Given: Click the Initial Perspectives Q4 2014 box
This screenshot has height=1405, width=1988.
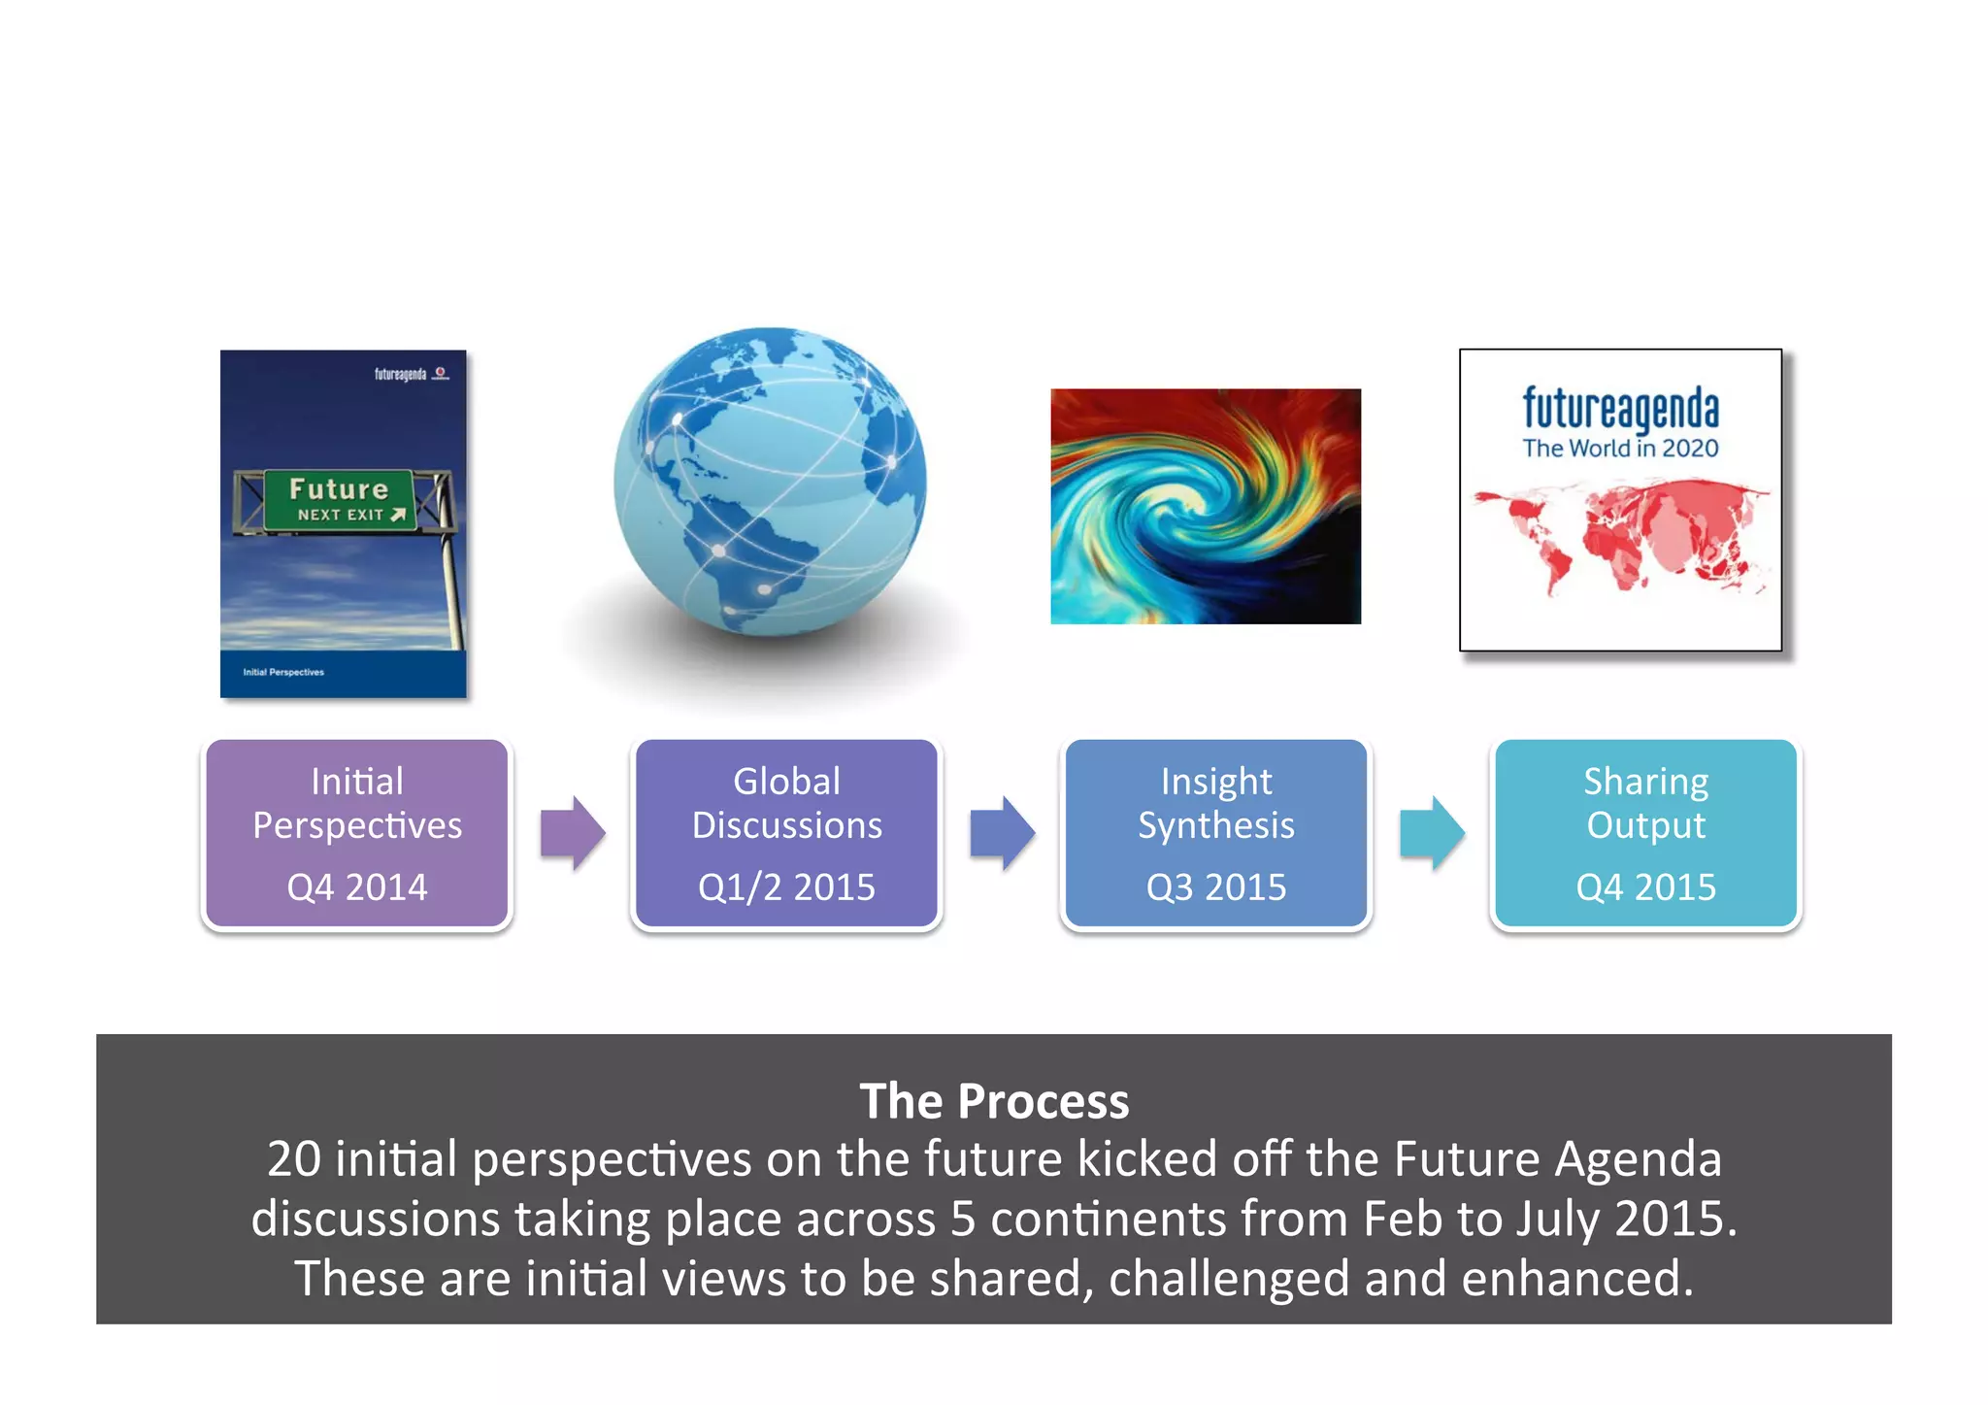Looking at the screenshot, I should point(356,833).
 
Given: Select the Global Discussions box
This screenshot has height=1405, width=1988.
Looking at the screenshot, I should point(786,833).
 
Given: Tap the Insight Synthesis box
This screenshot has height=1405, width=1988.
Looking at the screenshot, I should point(1215,833).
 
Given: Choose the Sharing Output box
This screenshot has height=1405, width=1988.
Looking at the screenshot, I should point(1645,833).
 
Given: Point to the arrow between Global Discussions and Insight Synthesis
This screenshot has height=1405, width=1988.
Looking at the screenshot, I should point(1003,833).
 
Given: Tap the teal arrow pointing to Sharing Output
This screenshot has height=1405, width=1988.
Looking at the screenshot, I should point(1432,833).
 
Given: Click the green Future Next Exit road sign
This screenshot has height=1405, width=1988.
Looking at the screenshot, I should point(340,500).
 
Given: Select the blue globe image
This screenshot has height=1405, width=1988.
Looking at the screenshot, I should point(770,483).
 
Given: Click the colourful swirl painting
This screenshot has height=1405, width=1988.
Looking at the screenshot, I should point(1206,506).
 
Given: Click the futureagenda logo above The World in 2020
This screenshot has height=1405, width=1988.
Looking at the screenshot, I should point(1620,408).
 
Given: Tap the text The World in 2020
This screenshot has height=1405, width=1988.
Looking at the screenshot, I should point(1620,449).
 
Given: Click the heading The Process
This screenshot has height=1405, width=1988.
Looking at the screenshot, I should point(994,1102).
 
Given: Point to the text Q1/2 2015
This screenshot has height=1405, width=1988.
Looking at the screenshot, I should point(786,887).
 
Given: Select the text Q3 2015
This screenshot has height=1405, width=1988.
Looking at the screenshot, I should point(1215,887).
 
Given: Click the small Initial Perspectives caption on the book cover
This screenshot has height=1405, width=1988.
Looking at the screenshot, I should point(283,672).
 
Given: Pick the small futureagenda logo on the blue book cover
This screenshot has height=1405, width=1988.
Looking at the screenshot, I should point(401,374).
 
